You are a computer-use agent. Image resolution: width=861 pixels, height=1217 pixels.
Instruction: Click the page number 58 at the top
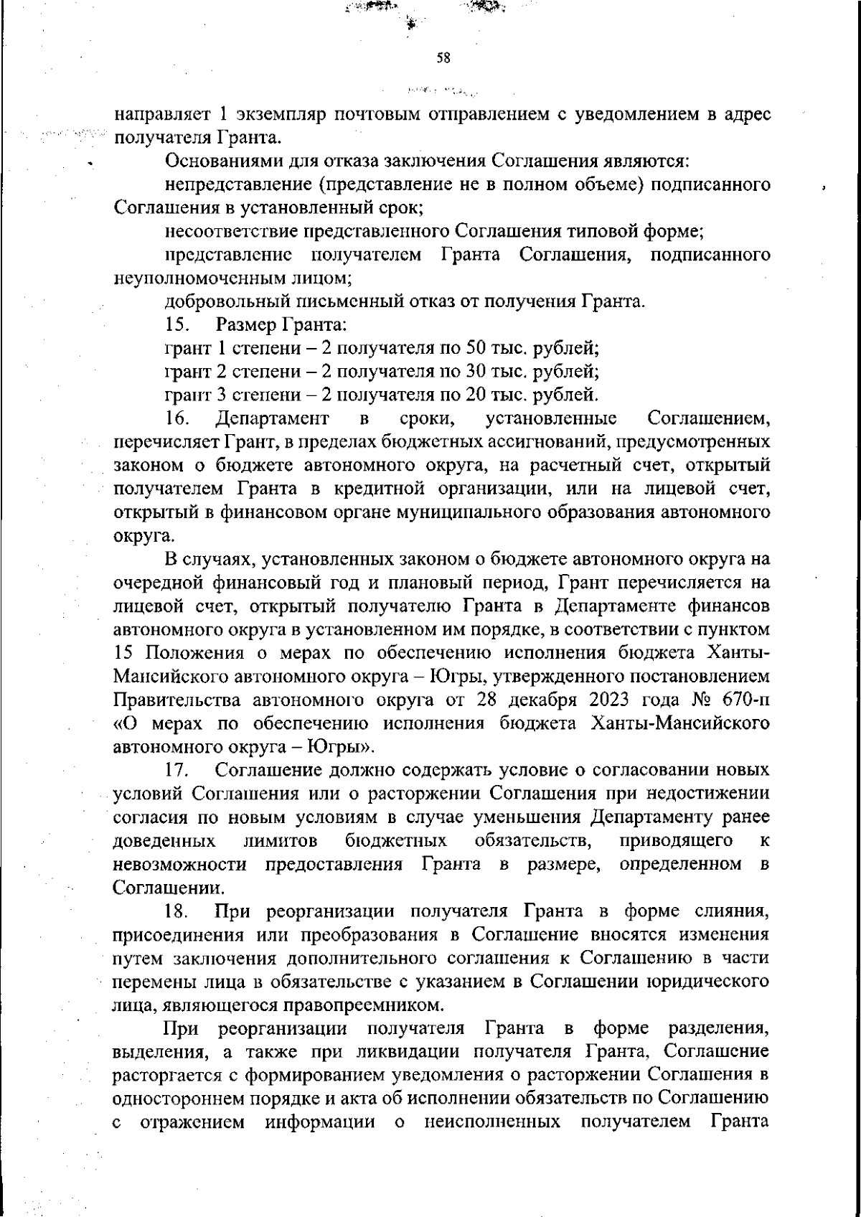pos(443,59)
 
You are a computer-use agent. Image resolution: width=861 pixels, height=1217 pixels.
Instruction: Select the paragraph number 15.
pos(177,324)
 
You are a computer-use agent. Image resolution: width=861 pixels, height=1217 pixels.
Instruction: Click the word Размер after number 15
pos(246,324)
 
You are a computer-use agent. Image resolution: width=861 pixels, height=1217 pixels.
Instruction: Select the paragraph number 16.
pos(177,418)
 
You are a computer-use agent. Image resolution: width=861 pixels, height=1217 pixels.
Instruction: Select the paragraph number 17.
pos(177,771)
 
